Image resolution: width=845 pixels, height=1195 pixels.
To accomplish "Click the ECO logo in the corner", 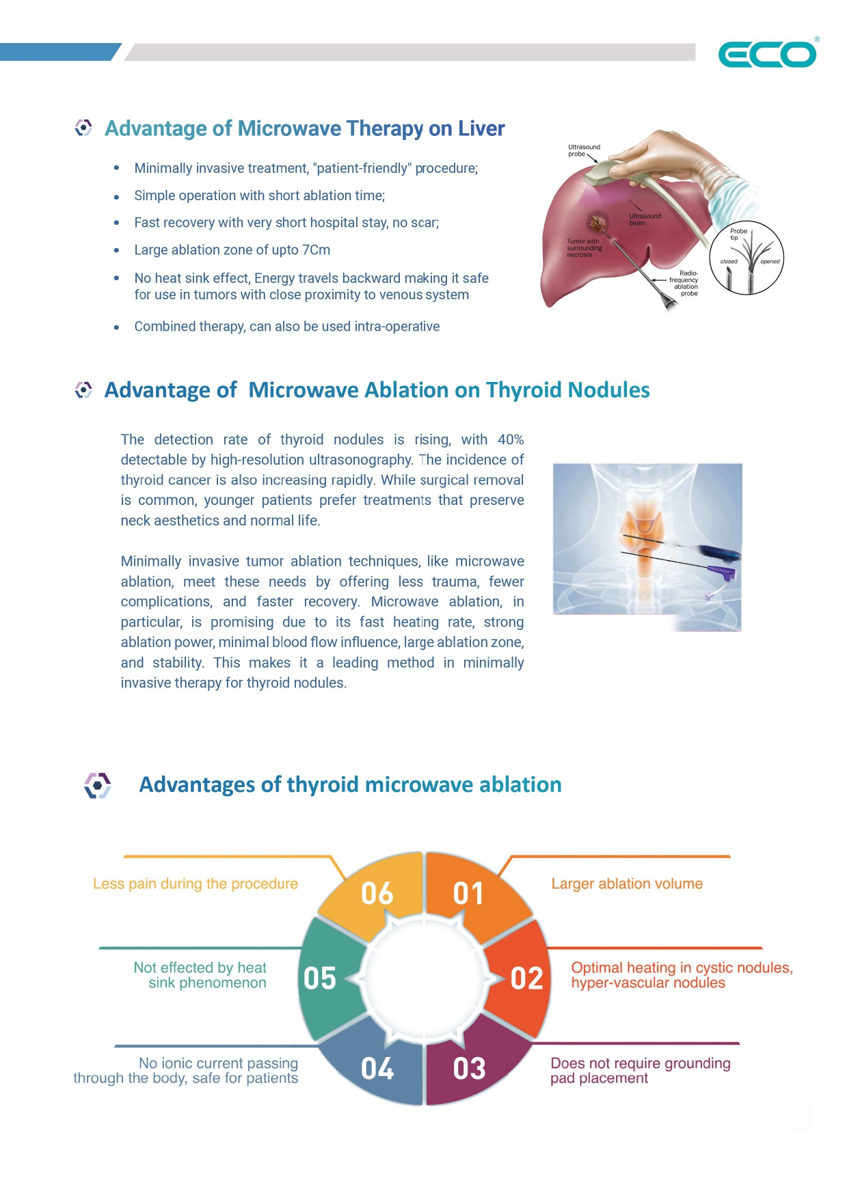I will point(767,55).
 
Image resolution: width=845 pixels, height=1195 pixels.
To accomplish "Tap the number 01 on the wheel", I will point(468,893).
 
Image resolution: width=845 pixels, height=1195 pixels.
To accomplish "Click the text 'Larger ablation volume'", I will point(627,883).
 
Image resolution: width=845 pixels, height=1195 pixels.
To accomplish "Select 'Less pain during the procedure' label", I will point(196,883).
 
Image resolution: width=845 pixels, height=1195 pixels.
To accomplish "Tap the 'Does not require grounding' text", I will point(640,1063).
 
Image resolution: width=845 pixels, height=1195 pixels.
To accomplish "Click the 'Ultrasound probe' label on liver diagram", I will point(583,150).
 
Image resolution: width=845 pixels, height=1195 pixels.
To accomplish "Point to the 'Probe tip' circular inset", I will point(747,258).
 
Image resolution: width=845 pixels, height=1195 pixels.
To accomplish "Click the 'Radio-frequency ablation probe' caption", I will point(684,284).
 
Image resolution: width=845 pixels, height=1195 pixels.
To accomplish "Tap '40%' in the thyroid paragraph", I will point(511,439).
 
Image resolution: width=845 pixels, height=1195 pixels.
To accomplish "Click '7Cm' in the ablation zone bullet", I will point(316,250).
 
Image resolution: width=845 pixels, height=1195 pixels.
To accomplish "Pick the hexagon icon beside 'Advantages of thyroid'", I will point(98,785).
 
